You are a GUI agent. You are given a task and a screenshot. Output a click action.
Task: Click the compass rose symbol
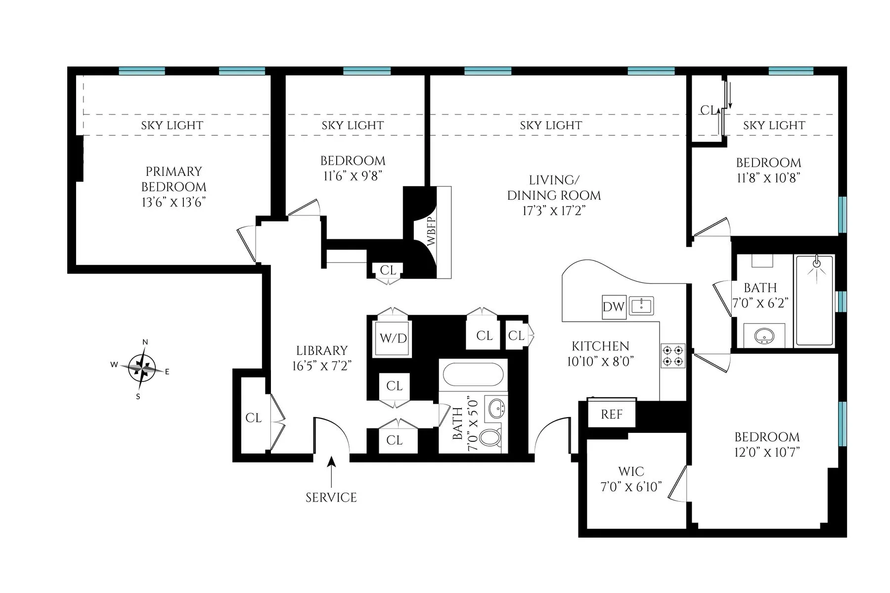point(143,368)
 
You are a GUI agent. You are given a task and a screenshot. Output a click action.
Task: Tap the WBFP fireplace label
point(431,231)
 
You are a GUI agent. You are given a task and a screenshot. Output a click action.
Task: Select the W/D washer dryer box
point(393,338)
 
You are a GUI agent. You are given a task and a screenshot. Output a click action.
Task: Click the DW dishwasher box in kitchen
point(613,306)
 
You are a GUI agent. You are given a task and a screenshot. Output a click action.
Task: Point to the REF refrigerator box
point(612,414)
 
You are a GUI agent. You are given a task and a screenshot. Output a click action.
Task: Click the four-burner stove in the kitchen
point(673,355)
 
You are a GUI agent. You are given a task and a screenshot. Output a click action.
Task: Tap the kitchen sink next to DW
point(642,305)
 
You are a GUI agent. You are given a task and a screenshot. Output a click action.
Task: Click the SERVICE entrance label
point(331,497)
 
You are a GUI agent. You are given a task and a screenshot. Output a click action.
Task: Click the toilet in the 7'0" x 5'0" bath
point(490,438)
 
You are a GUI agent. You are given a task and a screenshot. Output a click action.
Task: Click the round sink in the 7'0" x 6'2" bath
point(764,337)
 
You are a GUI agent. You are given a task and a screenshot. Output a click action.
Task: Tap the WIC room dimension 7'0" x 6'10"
point(631,487)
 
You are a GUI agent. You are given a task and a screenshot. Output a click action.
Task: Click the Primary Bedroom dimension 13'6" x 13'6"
point(174,202)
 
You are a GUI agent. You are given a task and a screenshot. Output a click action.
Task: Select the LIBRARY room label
point(322,351)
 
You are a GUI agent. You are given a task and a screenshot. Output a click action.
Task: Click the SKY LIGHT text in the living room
point(551,126)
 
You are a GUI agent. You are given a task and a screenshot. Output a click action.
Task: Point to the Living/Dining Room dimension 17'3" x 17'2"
point(554,211)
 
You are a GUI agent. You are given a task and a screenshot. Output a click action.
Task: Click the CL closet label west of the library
point(253,418)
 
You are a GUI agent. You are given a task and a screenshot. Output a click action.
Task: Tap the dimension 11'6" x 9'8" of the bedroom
point(353,176)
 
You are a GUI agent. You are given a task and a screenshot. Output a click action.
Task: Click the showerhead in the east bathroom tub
point(817,263)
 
